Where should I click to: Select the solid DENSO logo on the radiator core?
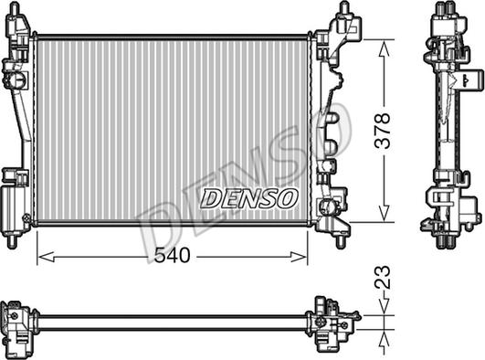click(x=248, y=196)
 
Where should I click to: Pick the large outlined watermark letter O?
click(x=328, y=133)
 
